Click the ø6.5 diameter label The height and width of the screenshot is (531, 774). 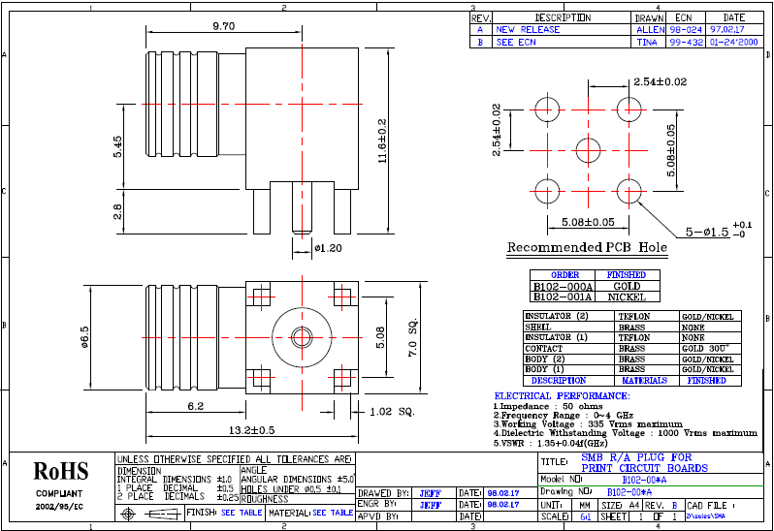coord(84,336)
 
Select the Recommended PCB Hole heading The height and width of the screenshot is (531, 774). coord(588,248)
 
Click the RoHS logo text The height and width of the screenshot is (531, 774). coord(61,472)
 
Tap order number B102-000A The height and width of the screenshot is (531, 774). coord(563,287)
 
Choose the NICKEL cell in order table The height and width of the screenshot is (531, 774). coord(626,297)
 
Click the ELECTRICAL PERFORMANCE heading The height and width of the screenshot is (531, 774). coord(562,396)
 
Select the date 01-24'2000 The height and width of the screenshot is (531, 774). coord(734,43)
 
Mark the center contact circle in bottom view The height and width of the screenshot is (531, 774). coord(302,336)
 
